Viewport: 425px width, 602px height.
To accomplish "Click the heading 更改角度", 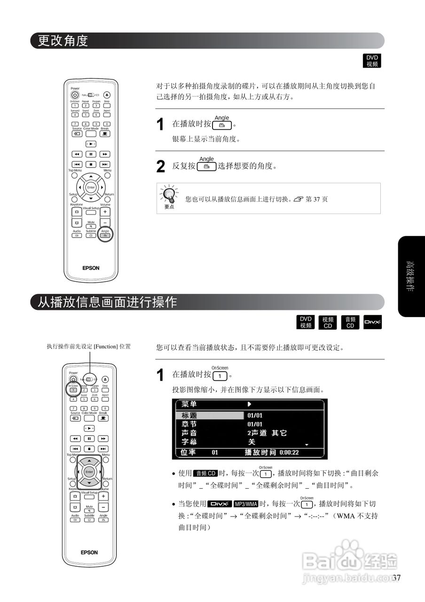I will [63, 41].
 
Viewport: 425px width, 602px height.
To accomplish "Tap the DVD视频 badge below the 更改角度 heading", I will [372, 61].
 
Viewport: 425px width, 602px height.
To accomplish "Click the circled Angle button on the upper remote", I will [105, 234].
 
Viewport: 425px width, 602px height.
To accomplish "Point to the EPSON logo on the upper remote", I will [91, 268].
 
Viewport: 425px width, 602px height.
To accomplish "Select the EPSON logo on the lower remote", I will [89, 552].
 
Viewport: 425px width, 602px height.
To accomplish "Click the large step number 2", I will [160, 166].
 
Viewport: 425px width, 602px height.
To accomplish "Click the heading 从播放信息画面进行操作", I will [107, 302].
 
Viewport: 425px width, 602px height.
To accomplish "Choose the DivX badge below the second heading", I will [372, 322].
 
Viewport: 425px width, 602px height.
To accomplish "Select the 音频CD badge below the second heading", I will [350, 322].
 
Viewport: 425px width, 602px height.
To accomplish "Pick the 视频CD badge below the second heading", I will [328, 322].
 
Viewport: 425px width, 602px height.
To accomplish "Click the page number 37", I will [396, 578].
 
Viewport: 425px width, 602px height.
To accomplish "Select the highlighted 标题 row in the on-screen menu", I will [209, 415].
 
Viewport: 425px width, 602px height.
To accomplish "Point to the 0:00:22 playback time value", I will [289, 452].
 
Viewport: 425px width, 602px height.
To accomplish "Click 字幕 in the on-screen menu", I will [189, 442].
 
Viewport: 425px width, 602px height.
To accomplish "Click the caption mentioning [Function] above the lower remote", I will [88, 347].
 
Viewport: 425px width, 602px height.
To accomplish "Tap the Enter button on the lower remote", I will [89, 471].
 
